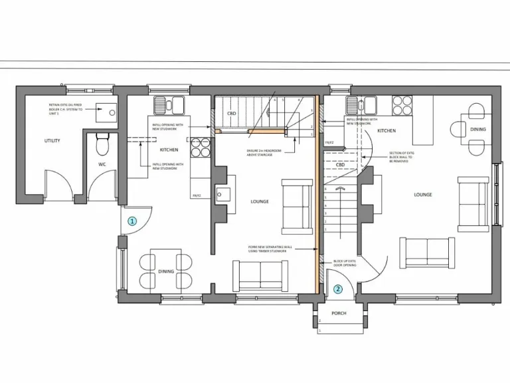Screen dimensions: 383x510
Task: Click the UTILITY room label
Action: (52, 140)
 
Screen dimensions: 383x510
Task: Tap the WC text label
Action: (102, 163)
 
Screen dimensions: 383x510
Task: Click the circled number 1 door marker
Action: (132, 221)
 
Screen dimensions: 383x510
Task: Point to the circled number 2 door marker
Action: (338, 289)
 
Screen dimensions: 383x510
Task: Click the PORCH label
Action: (339, 312)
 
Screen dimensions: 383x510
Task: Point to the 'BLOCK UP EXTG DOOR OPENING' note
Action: (345, 263)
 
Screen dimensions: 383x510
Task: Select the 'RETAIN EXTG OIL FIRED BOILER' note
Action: (65, 108)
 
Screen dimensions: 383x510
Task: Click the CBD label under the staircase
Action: (232, 114)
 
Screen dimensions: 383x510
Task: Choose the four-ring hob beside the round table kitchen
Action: (402, 105)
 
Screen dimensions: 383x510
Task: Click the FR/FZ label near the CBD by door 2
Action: (329, 142)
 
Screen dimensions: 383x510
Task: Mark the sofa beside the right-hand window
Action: (472, 205)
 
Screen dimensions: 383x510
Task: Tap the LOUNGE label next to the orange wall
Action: (260, 201)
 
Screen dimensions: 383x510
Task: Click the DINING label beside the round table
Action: (477, 130)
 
